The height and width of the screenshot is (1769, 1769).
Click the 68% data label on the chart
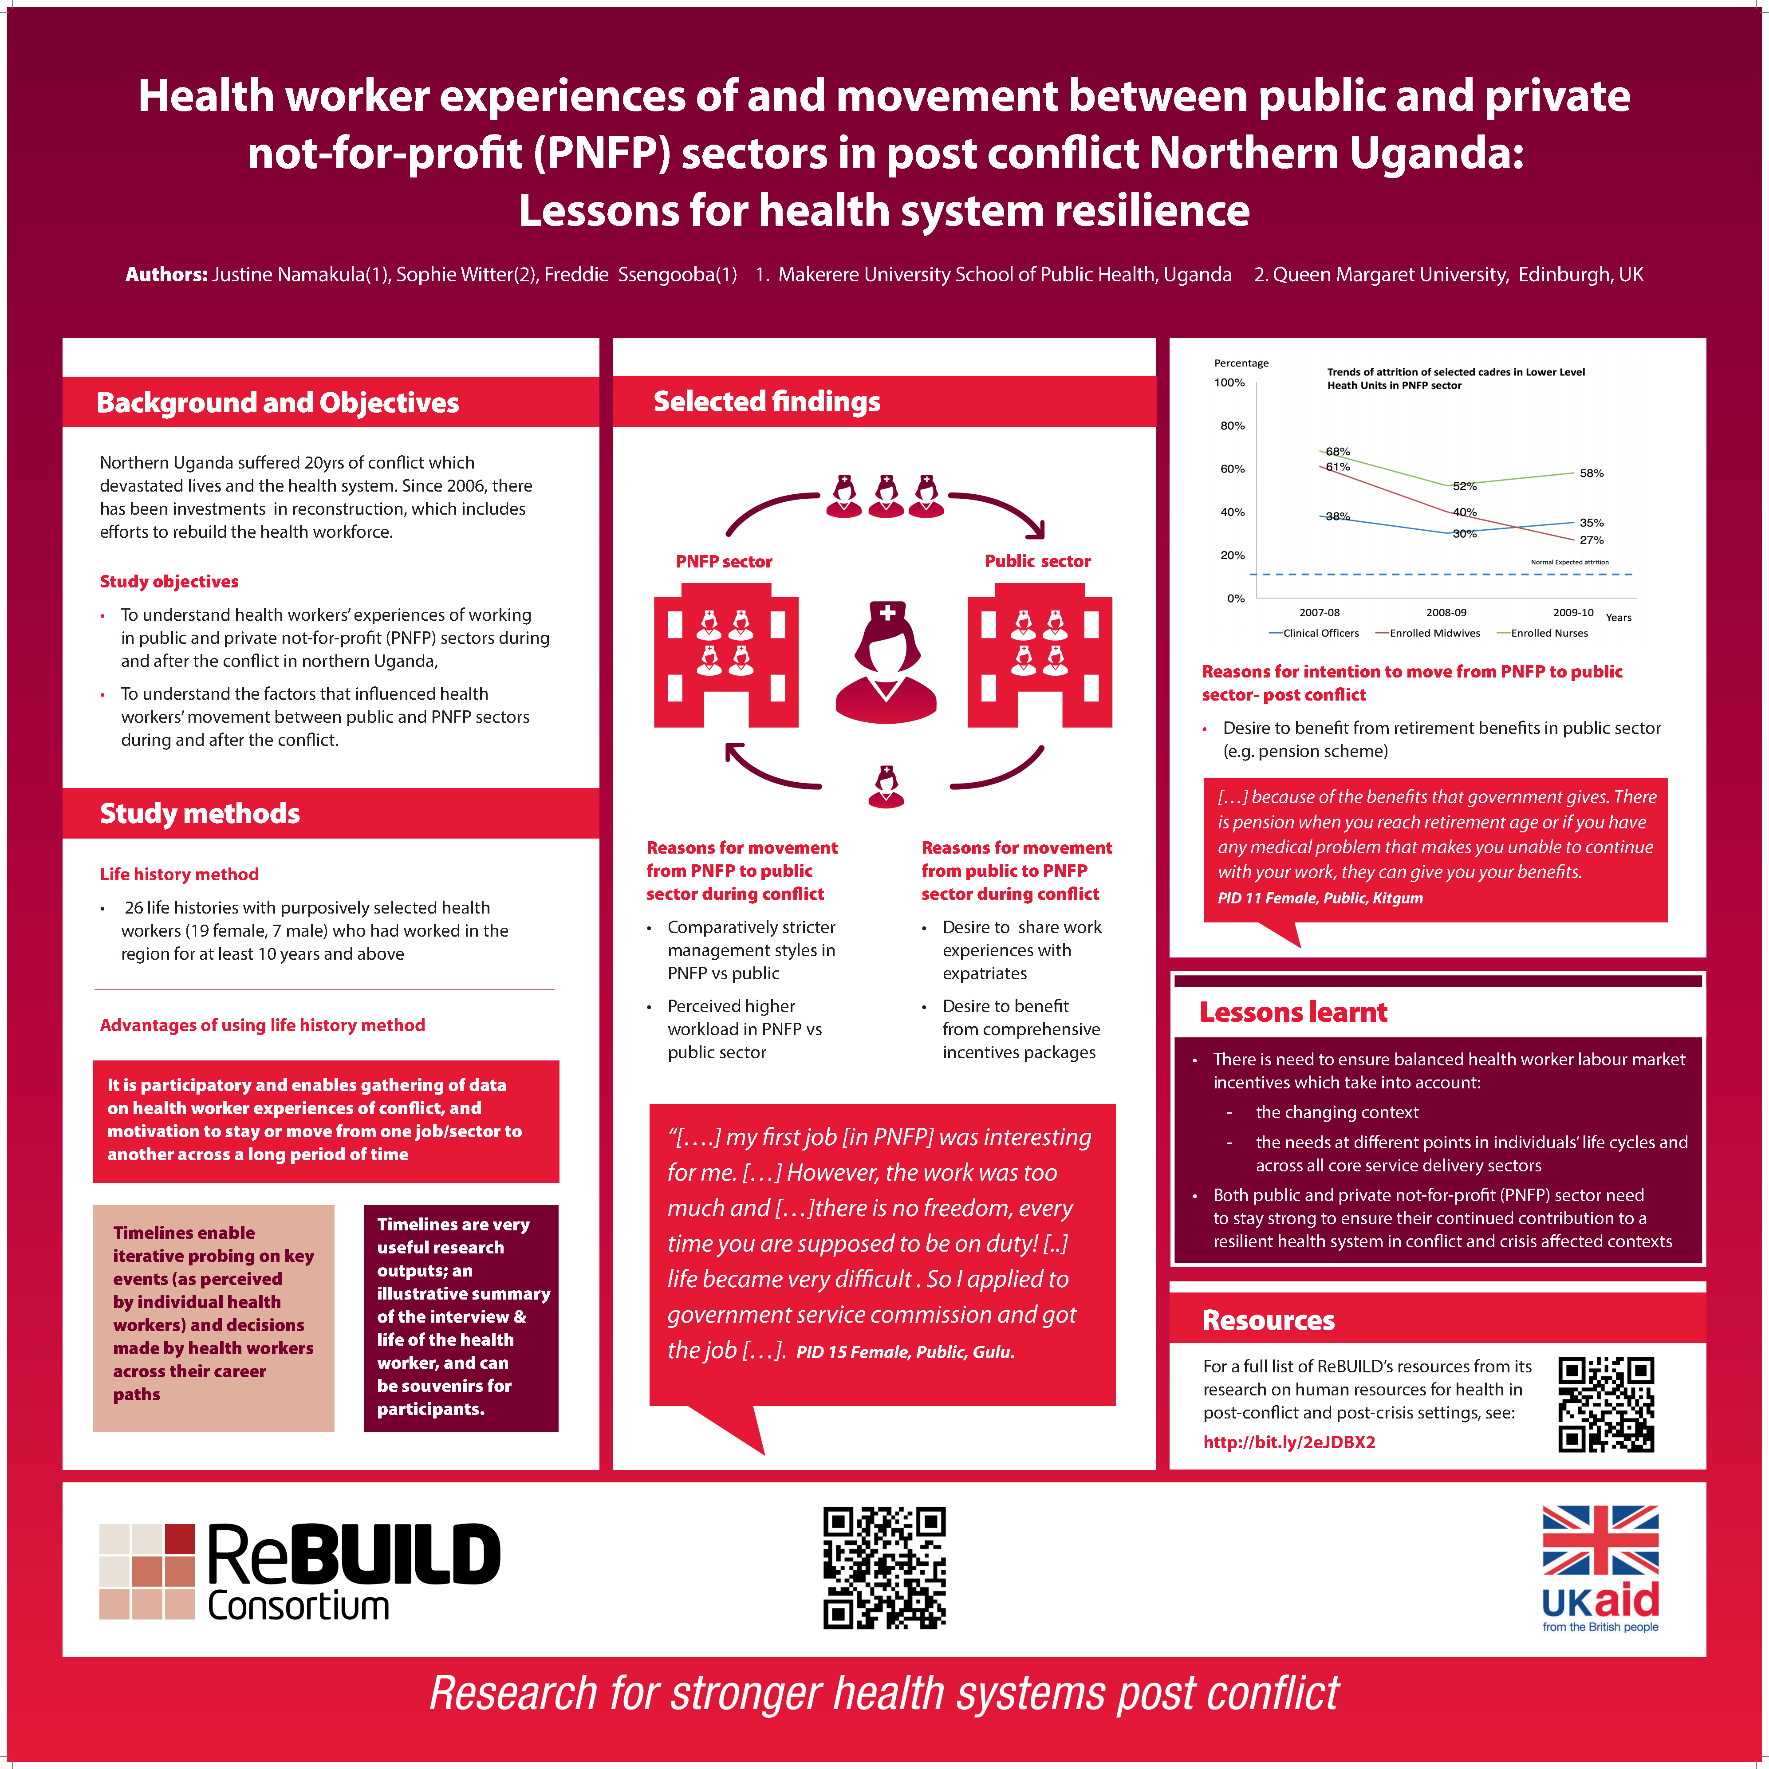(1338, 451)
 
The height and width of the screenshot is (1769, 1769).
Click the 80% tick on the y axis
(1233, 426)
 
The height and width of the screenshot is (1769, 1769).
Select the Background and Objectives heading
(277, 403)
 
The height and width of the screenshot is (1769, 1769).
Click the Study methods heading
(200, 813)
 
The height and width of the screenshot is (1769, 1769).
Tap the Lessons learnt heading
(1293, 1012)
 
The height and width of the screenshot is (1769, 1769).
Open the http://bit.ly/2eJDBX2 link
(1288, 1442)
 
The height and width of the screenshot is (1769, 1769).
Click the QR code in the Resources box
(1606, 1405)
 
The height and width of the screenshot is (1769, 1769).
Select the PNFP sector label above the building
(723, 561)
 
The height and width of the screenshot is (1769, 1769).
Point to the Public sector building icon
(1039, 661)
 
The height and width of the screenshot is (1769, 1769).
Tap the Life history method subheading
(179, 875)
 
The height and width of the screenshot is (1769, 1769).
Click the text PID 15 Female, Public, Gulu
(905, 1352)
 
